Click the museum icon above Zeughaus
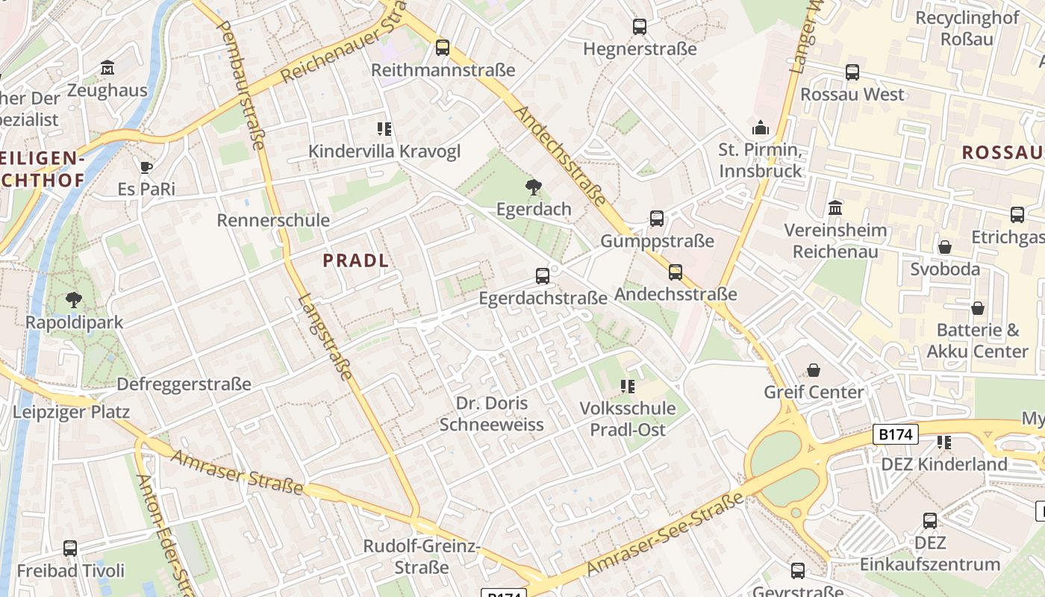(107, 68)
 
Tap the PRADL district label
(356, 260)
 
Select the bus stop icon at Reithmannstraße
(443, 48)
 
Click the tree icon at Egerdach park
(534, 187)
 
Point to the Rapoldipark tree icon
(74, 301)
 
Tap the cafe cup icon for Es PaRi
(146, 167)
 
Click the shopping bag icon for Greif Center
(814, 370)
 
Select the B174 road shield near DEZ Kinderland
(895, 434)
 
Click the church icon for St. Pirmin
(761, 128)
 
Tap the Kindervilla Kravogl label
(384, 151)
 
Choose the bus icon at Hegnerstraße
(640, 27)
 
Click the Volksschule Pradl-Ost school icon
(628, 387)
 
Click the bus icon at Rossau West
(852, 72)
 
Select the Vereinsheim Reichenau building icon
(835, 207)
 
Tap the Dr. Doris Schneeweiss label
(492, 414)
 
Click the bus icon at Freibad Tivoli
(70, 548)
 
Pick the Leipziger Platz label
(71, 412)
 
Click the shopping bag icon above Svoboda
(945, 247)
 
